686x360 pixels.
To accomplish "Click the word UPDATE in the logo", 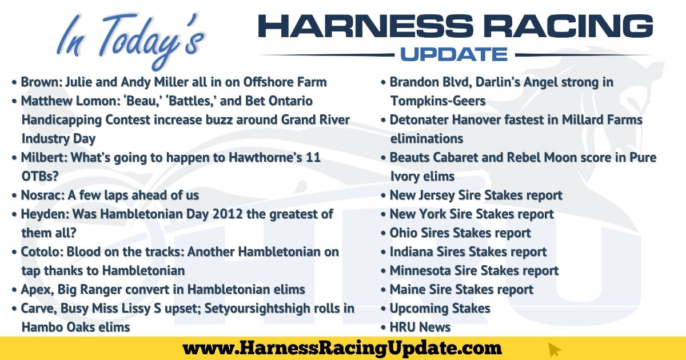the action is [x=454, y=54].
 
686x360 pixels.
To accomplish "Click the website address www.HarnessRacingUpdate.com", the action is [x=342, y=349].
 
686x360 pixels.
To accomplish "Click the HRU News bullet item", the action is [x=420, y=327].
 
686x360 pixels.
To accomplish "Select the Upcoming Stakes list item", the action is [x=440, y=308].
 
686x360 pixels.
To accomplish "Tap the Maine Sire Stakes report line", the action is [x=461, y=290].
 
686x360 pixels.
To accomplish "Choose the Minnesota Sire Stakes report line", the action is [x=474, y=271].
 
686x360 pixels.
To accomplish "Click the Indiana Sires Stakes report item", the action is [x=468, y=251].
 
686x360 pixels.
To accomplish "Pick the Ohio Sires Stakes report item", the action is [x=460, y=233].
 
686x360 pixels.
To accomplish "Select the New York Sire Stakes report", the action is [x=472, y=214].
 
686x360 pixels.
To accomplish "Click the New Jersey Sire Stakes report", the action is [x=476, y=195].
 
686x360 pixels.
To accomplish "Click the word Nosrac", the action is [x=41, y=195].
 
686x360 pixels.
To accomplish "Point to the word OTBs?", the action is [x=40, y=177].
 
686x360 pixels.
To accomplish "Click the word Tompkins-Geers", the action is [x=438, y=101].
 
